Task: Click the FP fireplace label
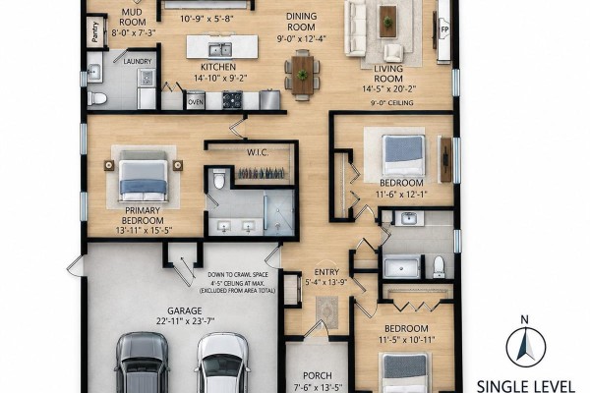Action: [x=444, y=29]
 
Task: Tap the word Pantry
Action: [x=94, y=31]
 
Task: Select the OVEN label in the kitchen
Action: [x=196, y=102]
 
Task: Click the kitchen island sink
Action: [x=220, y=50]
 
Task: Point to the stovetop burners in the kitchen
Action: [x=232, y=99]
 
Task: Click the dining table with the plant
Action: [x=302, y=76]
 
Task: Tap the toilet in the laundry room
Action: [x=97, y=98]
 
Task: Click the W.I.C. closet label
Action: [x=258, y=152]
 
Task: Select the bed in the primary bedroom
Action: [x=143, y=176]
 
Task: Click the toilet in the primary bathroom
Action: [x=219, y=179]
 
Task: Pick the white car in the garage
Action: [x=223, y=363]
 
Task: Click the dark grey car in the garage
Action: [x=142, y=363]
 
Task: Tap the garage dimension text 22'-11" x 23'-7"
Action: [x=185, y=321]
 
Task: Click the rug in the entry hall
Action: [x=327, y=312]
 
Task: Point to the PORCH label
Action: [x=318, y=375]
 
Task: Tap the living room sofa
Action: [x=355, y=28]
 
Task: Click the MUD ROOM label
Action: [x=133, y=18]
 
